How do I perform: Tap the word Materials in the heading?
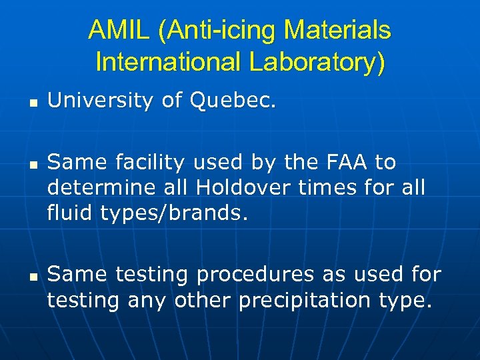click(337, 31)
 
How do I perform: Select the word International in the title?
click(169, 61)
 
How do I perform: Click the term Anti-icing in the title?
click(213, 31)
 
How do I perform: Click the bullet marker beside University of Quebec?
click(31, 103)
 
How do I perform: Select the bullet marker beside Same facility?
click(31, 164)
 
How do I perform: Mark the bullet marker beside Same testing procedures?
click(31, 275)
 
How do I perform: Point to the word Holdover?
click(232, 189)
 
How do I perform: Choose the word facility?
click(151, 162)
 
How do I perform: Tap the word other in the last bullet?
click(201, 301)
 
